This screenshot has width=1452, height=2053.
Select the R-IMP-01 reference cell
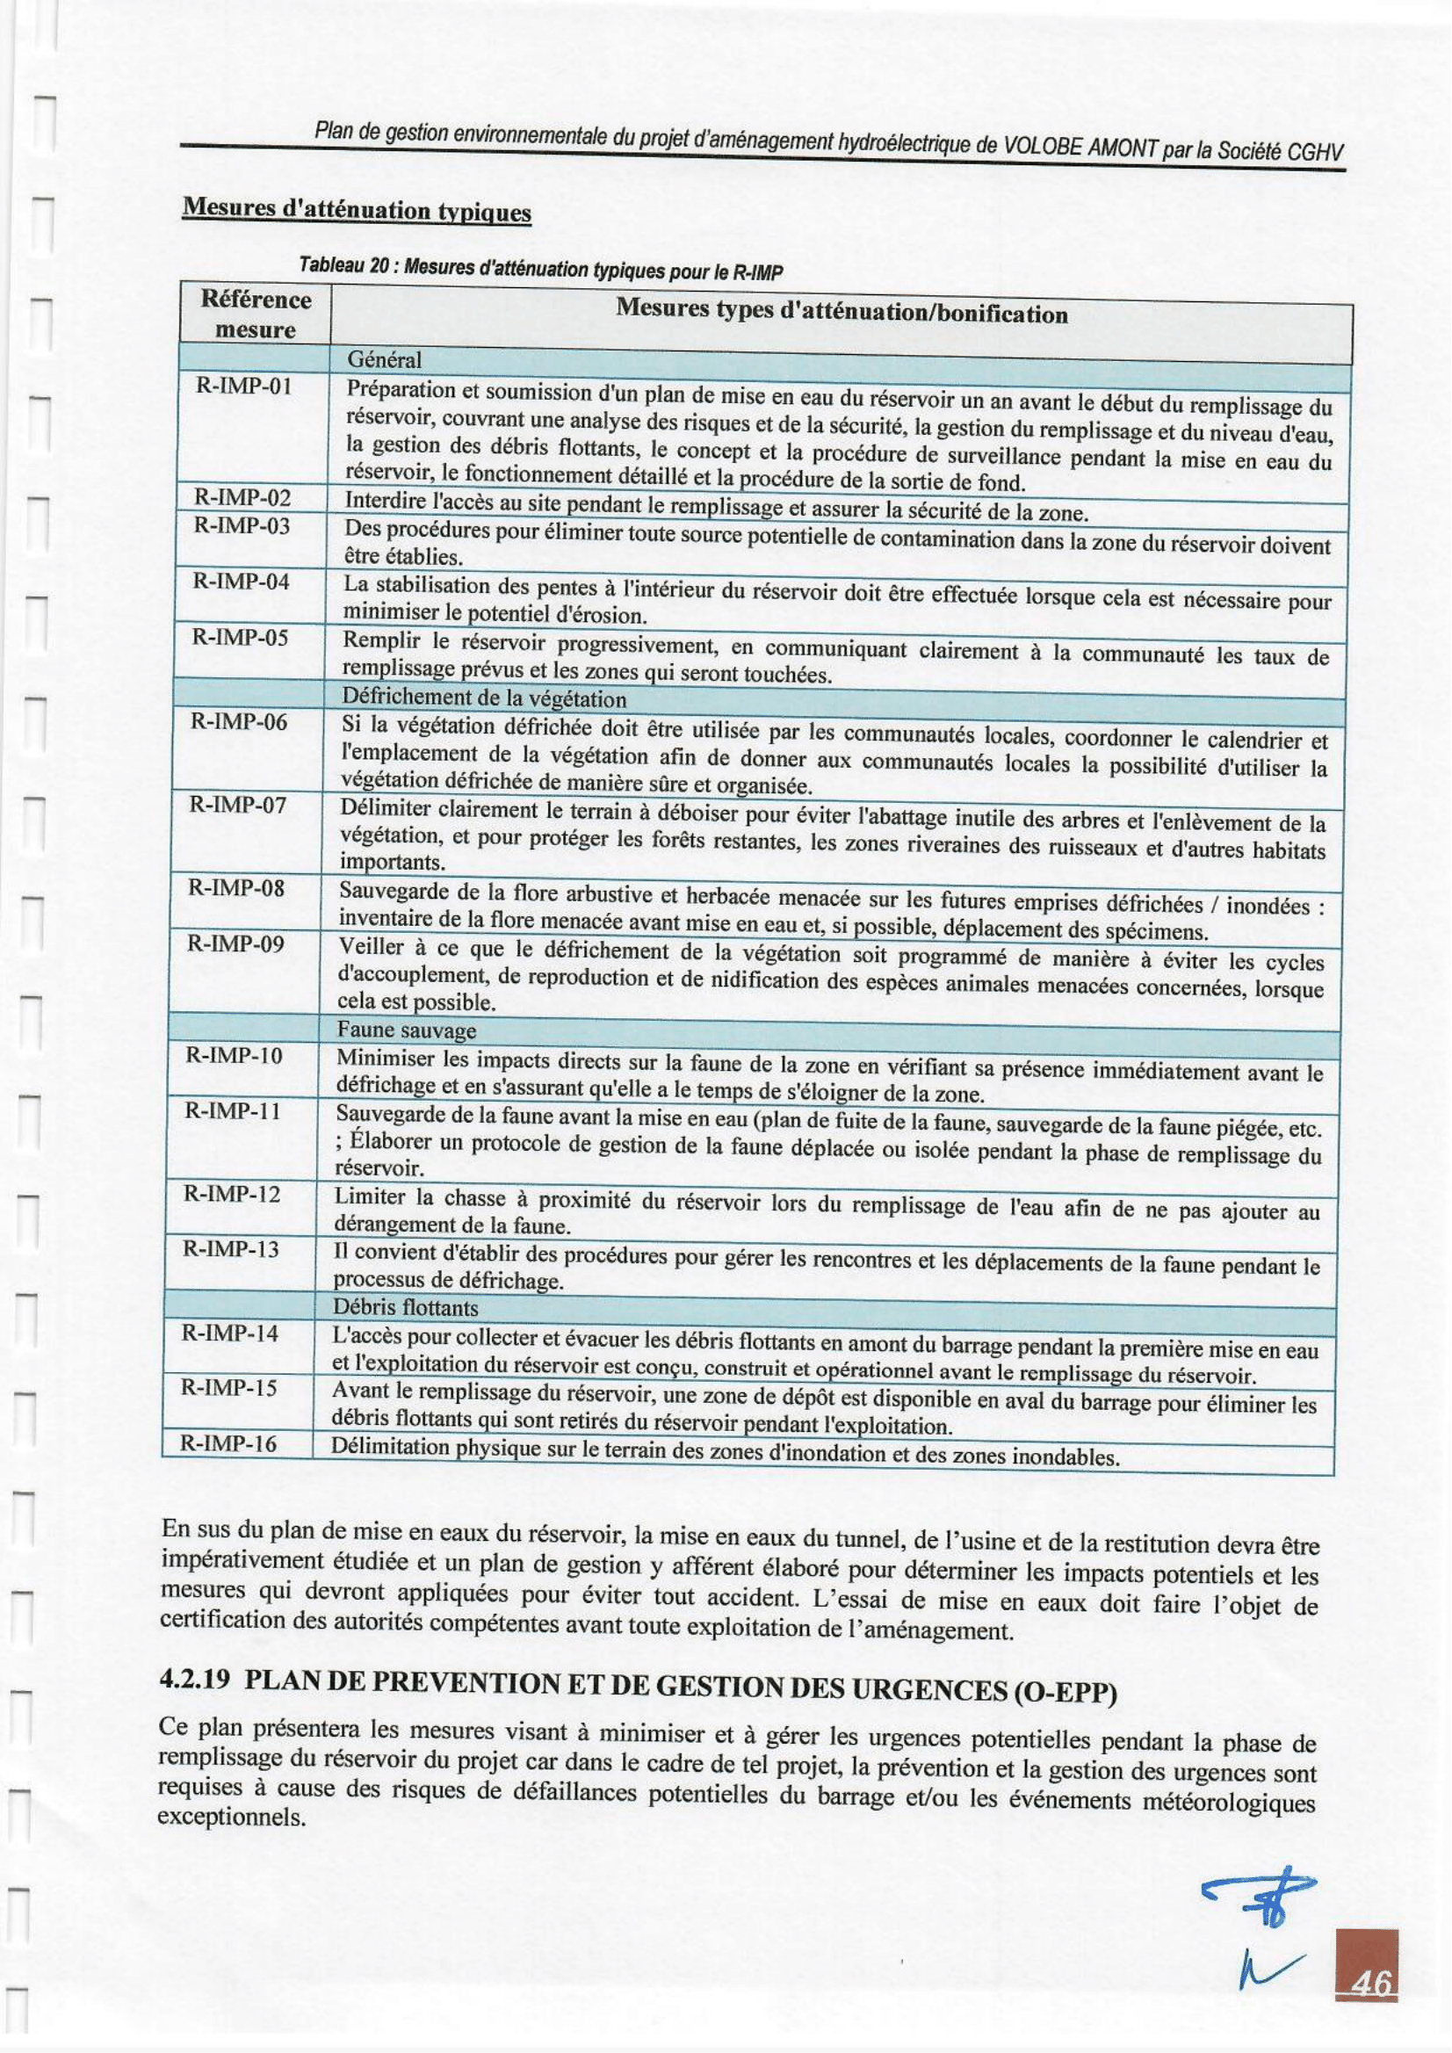244,387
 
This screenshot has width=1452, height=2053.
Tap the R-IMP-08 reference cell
236,888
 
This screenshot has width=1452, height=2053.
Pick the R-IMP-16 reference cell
229,1443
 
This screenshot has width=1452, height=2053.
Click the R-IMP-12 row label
232,1195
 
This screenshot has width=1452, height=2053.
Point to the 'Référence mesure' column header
256,314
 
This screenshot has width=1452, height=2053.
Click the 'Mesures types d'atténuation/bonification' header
842,314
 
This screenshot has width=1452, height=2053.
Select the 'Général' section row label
384,359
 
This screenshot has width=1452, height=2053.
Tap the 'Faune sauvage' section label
407,1030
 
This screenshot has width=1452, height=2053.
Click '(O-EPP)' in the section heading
1065,1693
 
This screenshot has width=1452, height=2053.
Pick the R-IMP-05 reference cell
240,638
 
